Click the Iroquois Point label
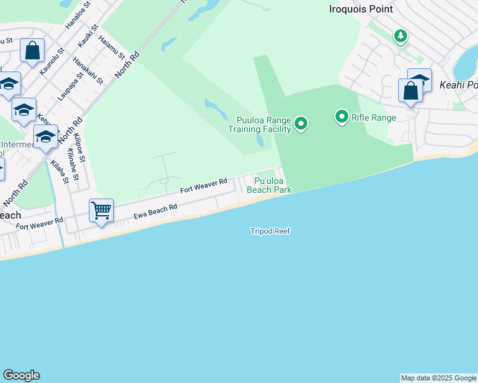360,9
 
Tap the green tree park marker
401,36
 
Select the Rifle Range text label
374,117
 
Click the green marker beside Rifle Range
342,117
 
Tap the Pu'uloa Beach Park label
269,186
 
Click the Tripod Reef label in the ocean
270,231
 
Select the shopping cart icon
101,209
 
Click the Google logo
21,375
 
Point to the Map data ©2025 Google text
438,378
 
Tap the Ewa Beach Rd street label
155,211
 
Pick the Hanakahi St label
88,70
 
